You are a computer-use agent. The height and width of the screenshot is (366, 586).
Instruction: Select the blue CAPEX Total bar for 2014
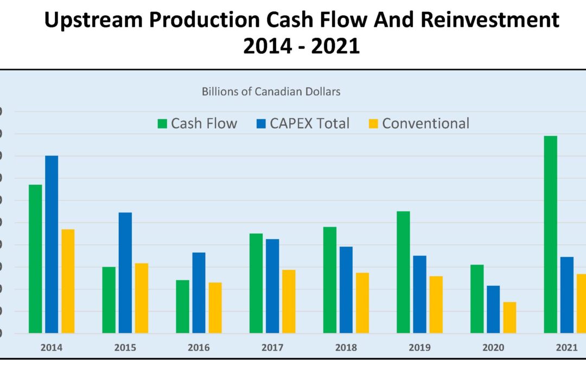(x=52, y=244)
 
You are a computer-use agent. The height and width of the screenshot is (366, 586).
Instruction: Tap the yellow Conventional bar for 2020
(x=509, y=317)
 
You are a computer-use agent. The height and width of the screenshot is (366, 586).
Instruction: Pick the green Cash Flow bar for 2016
(x=183, y=306)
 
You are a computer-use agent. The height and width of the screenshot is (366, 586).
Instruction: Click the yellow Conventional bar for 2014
(x=68, y=281)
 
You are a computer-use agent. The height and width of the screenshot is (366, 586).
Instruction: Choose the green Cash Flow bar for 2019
(x=403, y=272)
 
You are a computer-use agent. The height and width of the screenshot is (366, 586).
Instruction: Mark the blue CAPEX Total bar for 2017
(x=272, y=286)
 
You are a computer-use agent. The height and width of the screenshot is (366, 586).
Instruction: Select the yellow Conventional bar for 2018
(x=362, y=303)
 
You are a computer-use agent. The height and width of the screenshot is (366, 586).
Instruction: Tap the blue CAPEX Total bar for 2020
(x=493, y=309)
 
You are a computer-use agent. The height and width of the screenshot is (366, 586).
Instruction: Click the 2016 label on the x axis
(x=199, y=348)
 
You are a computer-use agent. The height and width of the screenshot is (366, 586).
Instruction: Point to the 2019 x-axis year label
(x=419, y=348)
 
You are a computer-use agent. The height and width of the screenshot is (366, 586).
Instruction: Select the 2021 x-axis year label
(x=566, y=348)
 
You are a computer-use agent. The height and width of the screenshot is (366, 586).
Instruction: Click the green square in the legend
(x=162, y=124)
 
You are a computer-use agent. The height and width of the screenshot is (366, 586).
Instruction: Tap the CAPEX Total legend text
(x=310, y=124)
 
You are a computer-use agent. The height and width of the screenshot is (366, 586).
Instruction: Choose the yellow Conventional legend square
(x=373, y=124)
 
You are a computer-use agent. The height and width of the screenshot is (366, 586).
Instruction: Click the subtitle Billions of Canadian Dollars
(x=271, y=92)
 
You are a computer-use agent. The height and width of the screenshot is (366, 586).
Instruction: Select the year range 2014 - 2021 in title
(x=301, y=46)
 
